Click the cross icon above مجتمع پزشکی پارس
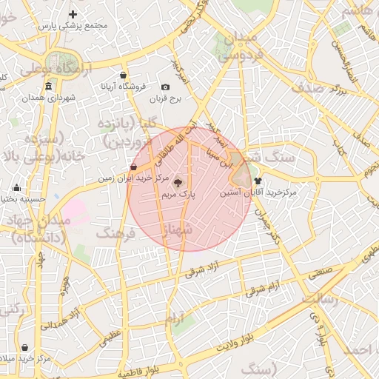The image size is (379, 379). coord(73,14)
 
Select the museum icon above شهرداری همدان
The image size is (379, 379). coord(48,86)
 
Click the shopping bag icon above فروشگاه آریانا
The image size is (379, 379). coord(122,75)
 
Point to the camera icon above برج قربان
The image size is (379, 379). coord(165,87)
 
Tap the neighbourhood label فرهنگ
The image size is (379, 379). coord(115,233)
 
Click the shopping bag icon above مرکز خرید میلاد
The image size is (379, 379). coord(24,347)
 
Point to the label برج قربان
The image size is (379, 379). coord(165,98)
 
